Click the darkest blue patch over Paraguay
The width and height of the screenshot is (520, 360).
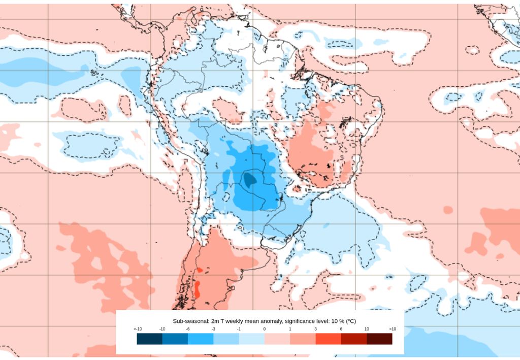(x=249, y=179)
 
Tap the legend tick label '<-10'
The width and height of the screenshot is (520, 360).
(x=138, y=330)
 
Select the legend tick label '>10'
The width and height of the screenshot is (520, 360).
(x=392, y=330)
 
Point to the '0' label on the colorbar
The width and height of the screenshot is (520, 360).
(x=265, y=330)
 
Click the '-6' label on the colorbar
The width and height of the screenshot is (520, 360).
(x=188, y=330)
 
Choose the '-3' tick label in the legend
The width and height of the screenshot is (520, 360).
(x=213, y=330)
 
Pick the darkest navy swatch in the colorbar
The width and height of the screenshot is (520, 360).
(x=150, y=339)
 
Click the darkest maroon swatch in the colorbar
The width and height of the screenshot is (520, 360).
(x=379, y=339)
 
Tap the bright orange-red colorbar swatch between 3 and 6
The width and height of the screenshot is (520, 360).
(x=328, y=339)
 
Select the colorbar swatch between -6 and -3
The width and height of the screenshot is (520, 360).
(x=201, y=339)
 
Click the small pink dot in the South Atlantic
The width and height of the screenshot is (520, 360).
(x=448, y=210)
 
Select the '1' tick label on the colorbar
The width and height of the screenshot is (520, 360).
(x=290, y=330)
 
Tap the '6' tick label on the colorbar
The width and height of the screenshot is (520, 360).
(x=341, y=330)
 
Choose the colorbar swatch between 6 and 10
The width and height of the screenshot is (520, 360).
(x=353, y=339)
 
